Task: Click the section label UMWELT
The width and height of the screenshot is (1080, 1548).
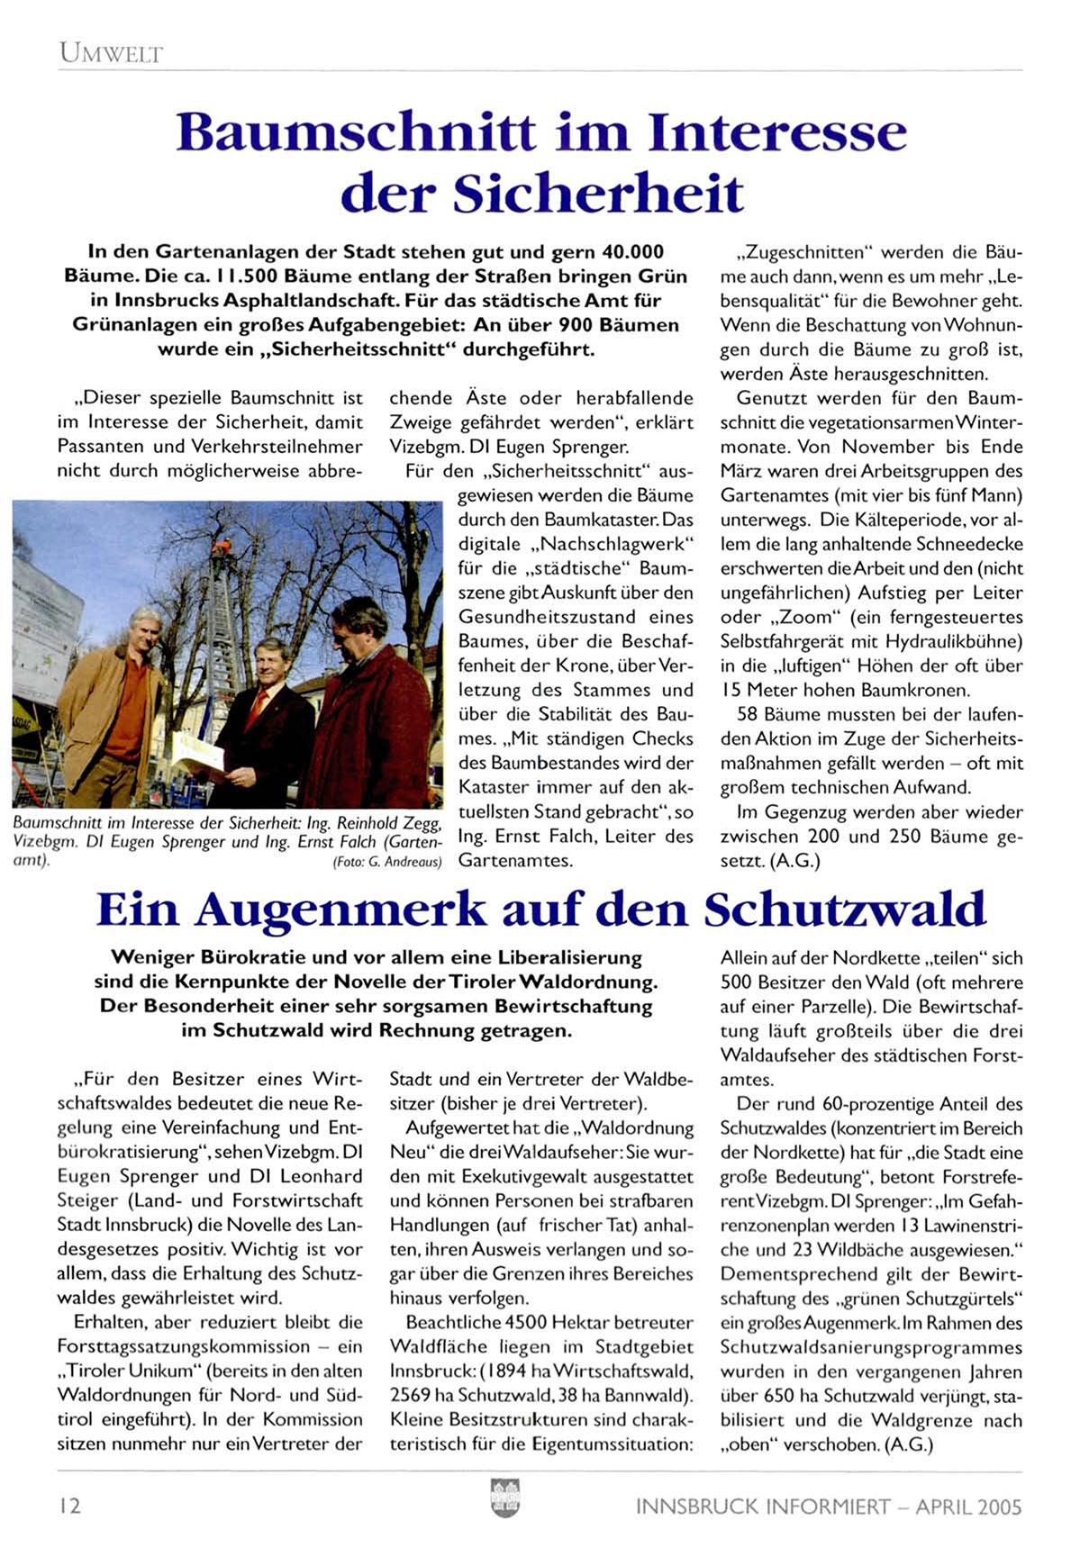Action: (111, 53)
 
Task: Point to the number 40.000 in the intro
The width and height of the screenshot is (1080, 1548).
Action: (631, 252)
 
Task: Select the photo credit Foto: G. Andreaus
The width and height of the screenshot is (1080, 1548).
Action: (387, 862)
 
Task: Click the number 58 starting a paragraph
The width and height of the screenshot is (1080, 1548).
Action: (748, 715)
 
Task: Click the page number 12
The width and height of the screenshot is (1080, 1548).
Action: (69, 1506)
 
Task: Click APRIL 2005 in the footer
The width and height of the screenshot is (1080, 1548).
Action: (968, 1507)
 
